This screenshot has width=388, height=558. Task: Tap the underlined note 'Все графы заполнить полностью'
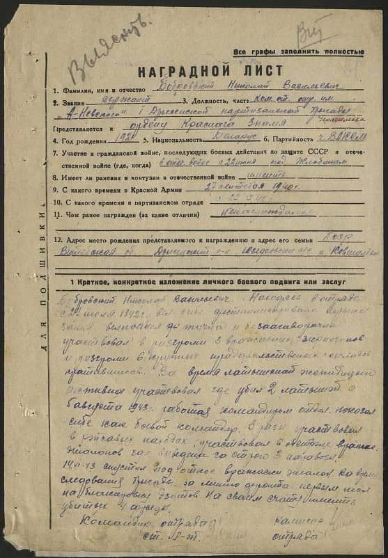coord(299,52)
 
